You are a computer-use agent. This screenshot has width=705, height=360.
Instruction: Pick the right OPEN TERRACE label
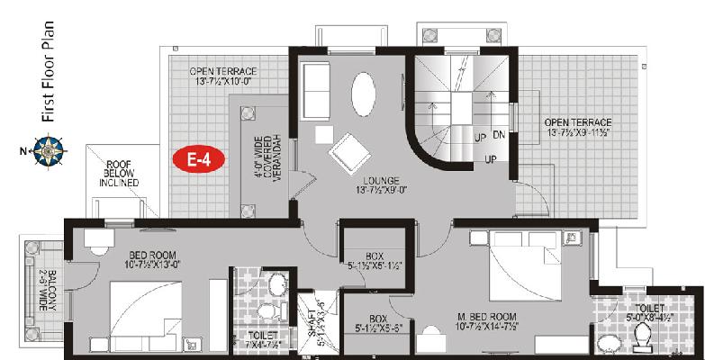tap(577, 127)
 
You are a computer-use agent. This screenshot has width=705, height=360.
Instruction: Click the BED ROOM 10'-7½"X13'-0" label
tap(151, 259)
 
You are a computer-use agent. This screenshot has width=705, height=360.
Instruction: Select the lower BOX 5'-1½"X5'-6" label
tap(377, 323)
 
